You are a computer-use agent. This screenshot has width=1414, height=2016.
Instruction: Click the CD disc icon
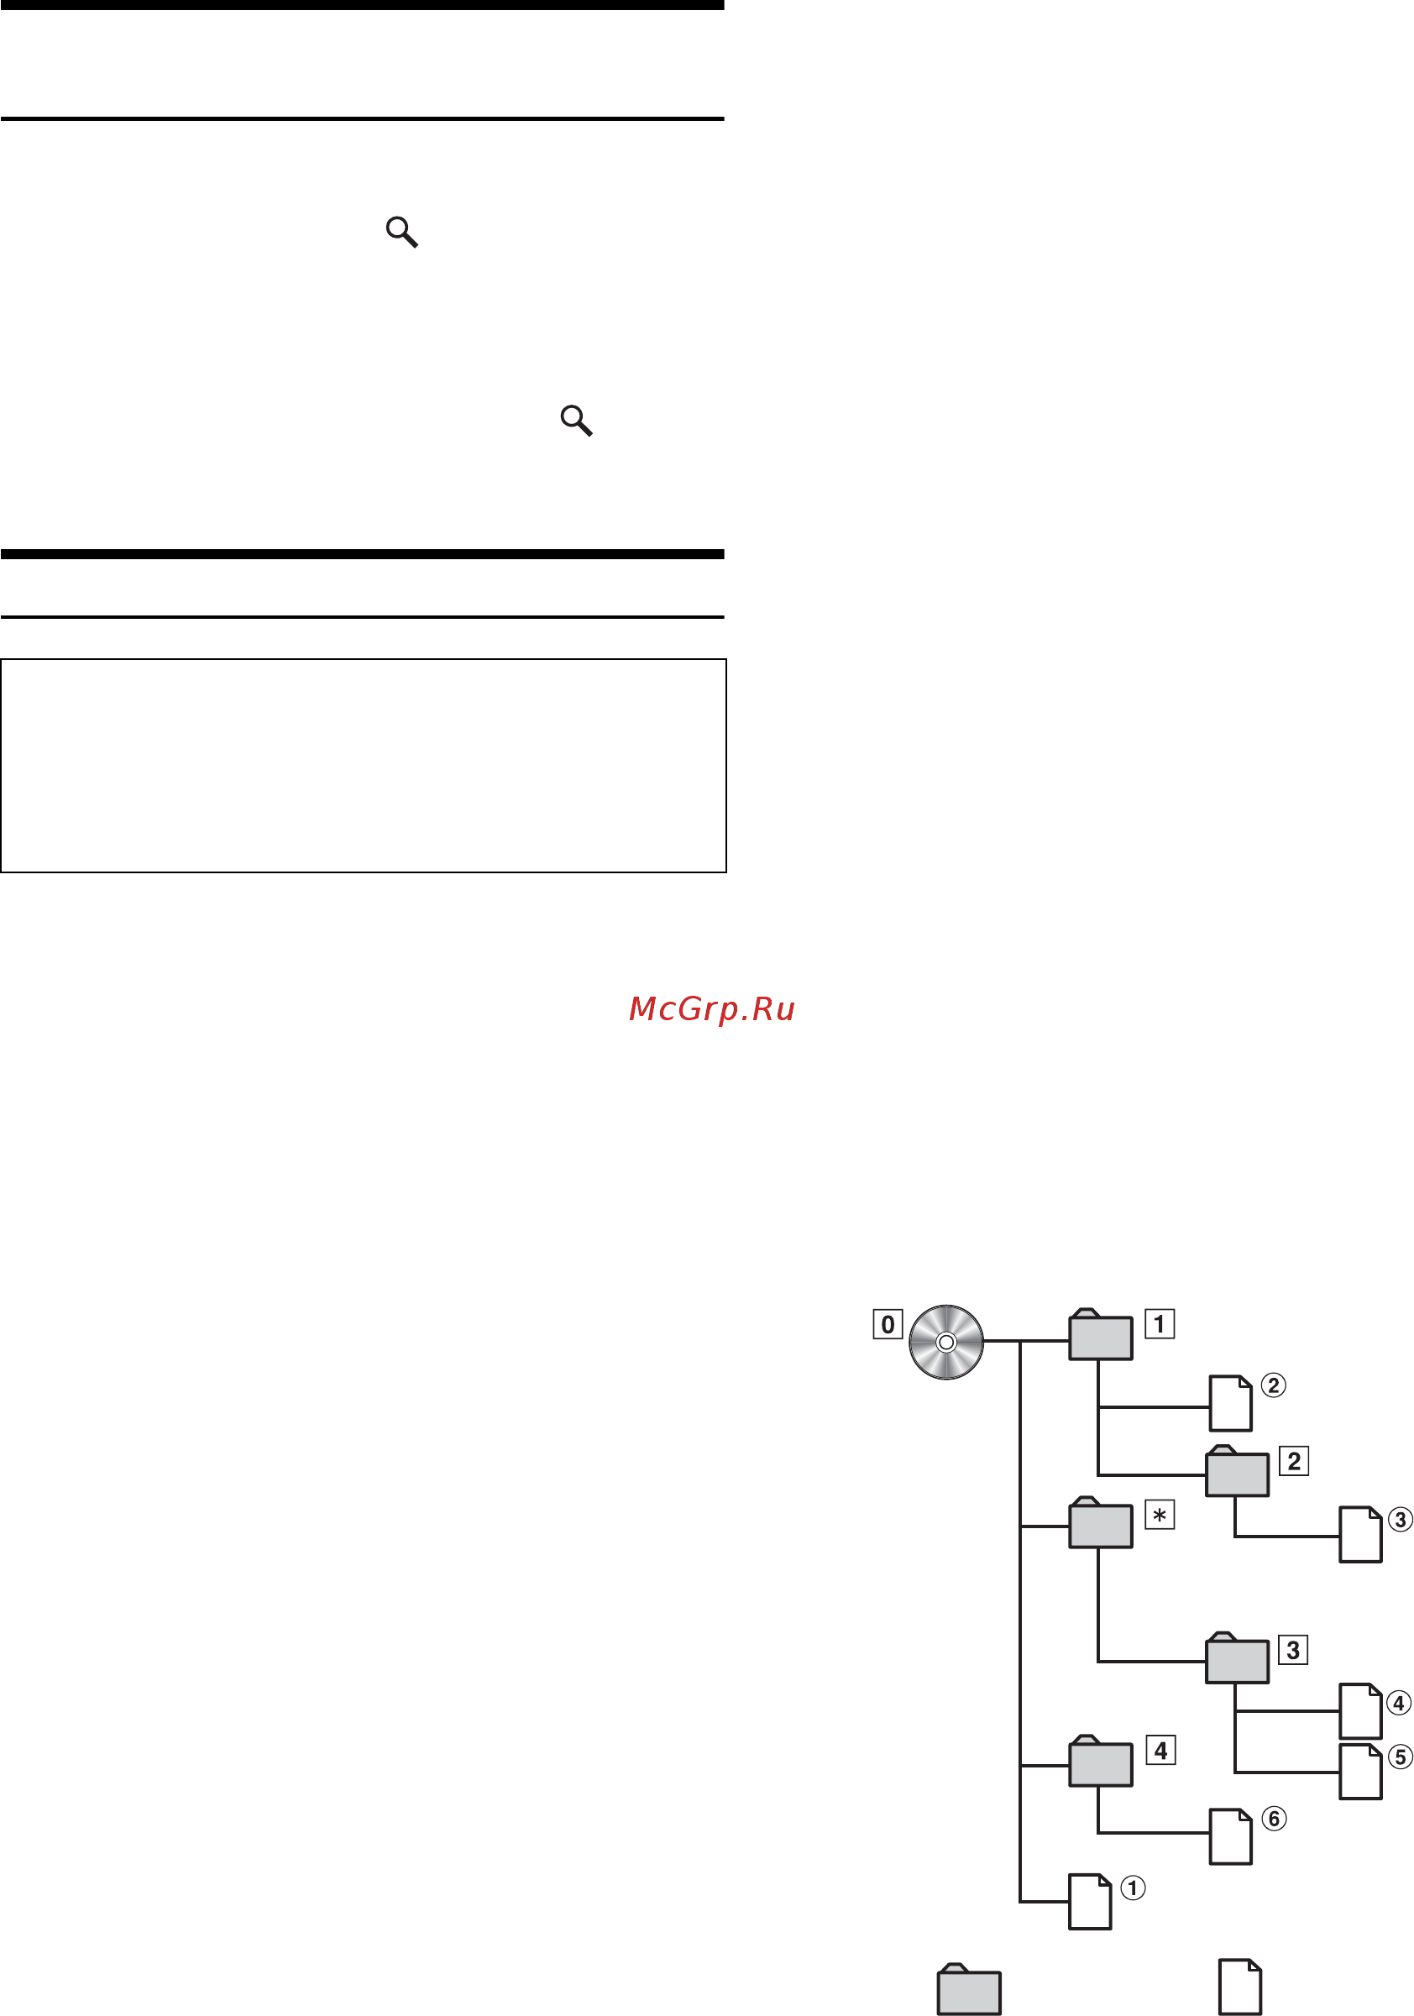click(946, 1342)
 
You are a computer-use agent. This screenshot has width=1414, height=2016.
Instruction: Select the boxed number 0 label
click(887, 1324)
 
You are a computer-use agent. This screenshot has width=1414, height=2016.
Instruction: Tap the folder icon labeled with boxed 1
click(1101, 1335)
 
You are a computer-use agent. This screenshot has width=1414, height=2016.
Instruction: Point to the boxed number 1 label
click(1160, 1323)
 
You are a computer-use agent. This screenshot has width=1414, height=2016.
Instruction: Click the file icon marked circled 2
click(1230, 1403)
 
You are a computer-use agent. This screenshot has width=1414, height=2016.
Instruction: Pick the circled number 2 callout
click(1274, 1385)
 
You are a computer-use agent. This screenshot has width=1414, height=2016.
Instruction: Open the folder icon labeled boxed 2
click(1238, 1471)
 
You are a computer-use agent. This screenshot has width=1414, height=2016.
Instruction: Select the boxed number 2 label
click(1294, 1461)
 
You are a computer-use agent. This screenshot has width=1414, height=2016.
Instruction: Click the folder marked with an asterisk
click(1101, 1522)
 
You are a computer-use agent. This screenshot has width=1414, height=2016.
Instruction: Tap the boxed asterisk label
click(1160, 1515)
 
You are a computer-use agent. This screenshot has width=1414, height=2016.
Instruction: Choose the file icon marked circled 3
click(1360, 1535)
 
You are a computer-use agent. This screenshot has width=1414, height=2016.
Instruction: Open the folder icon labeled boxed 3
click(1238, 1657)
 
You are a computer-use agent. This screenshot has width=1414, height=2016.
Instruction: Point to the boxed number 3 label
click(1294, 1650)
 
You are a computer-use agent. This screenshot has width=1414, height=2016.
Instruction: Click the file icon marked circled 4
click(1360, 1711)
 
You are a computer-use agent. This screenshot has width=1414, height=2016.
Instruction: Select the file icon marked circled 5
click(1360, 1772)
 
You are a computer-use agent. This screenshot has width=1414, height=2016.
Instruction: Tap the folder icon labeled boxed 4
click(1101, 1762)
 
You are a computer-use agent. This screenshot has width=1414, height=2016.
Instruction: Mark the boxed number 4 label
click(1161, 1751)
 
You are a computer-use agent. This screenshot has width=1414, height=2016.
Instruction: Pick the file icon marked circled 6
click(1230, 1837)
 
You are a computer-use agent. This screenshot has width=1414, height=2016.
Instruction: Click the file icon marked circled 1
click(1090, 1902)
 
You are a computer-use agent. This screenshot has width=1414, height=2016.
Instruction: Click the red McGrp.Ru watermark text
click(712, 1009)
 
